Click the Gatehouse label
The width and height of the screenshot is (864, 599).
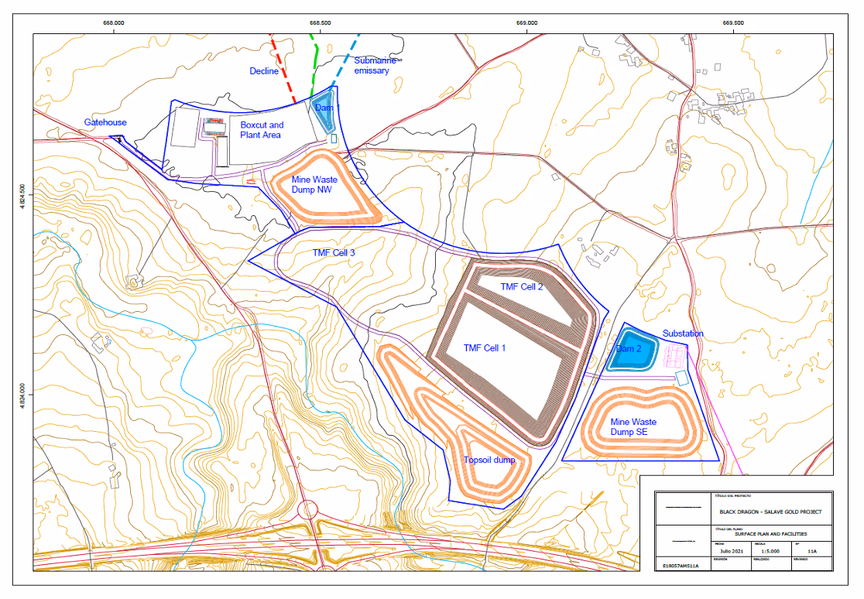pyautogui.click(x=105, y=122)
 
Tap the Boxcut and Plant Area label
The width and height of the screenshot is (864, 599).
pyautogui.click(x=262, y=130)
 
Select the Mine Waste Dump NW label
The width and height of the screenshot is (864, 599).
pyautogui.click(x=314, y=184)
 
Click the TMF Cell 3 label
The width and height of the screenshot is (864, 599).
pyautogui.click(x=334, y=253)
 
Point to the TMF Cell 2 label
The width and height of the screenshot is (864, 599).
pyautogui.click(x=522, y=286)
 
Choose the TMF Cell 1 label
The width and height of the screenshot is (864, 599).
pyautogui.click(x=484, y=347)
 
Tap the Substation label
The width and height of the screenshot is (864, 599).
pyautogui.click(x=684, y=334)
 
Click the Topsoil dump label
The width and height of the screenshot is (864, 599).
pyautogui.click(x=489, y=460)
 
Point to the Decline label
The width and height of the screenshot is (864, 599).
pyautogui.click(x=263, y=71)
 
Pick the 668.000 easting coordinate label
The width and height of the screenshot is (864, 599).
pyautogui.click(x=114, y=22)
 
